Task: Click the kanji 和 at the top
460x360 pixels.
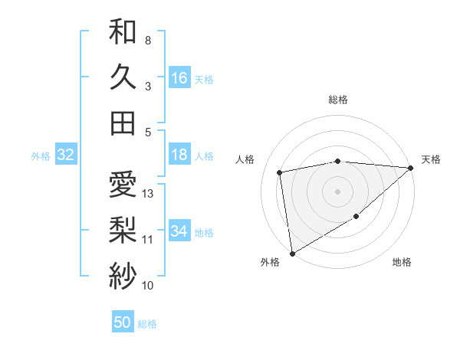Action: [x=123, y=32]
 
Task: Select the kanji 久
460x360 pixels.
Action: [x=123, y=77]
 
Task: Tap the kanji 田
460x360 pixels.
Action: [x=123, y=123]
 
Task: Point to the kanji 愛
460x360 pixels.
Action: [x=123, y=185]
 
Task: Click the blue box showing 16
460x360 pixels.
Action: [x=179, y=77]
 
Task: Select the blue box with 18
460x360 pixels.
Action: [x=179, y=155]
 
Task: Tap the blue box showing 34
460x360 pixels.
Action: [x=179, y=231]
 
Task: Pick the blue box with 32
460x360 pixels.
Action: [x=66, y=155]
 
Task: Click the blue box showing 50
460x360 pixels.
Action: [x=123, y=322]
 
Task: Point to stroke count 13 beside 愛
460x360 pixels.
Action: [x=149, y=194]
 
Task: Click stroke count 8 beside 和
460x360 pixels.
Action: [x=147, y=40]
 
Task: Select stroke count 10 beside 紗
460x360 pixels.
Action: [x=148, y=286]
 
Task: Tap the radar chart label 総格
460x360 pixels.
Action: [x=338, y=100]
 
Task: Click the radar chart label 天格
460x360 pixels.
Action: [x=431, y=159]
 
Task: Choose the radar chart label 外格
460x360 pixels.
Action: [x=270, y=263]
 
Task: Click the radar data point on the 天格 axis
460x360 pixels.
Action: [x=411, y=168]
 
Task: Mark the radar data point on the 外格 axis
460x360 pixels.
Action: [x=292, y=253]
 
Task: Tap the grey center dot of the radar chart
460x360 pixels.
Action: [x=337, y=191]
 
